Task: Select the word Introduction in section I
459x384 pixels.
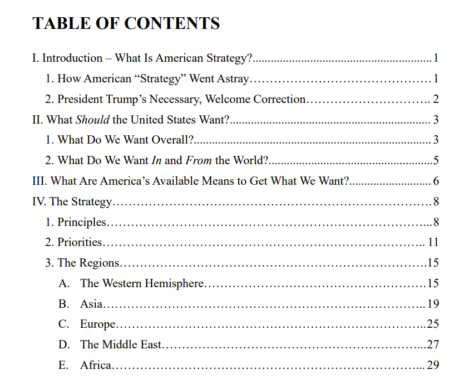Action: click(x=72, y=58)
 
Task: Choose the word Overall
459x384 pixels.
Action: click(x=169, y=140)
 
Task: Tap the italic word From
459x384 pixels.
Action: click(x=199, y=160)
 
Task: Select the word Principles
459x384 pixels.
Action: click(x=81, y=222)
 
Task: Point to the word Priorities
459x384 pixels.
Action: click(x=80, y=242)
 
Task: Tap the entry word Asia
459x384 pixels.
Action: click(x=91, y=304)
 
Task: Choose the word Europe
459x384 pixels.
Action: click(x=97, y=324)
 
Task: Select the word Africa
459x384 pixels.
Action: click(x=96, y=365)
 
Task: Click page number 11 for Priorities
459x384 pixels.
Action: click(x=433, y=242)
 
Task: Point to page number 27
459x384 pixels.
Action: click(x=433, y=344)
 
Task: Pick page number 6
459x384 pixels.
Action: click(x=436, y=181)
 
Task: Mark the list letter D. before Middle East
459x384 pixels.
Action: click(x=64, y=344)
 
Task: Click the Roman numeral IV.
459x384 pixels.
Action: click(x=39, y=201)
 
